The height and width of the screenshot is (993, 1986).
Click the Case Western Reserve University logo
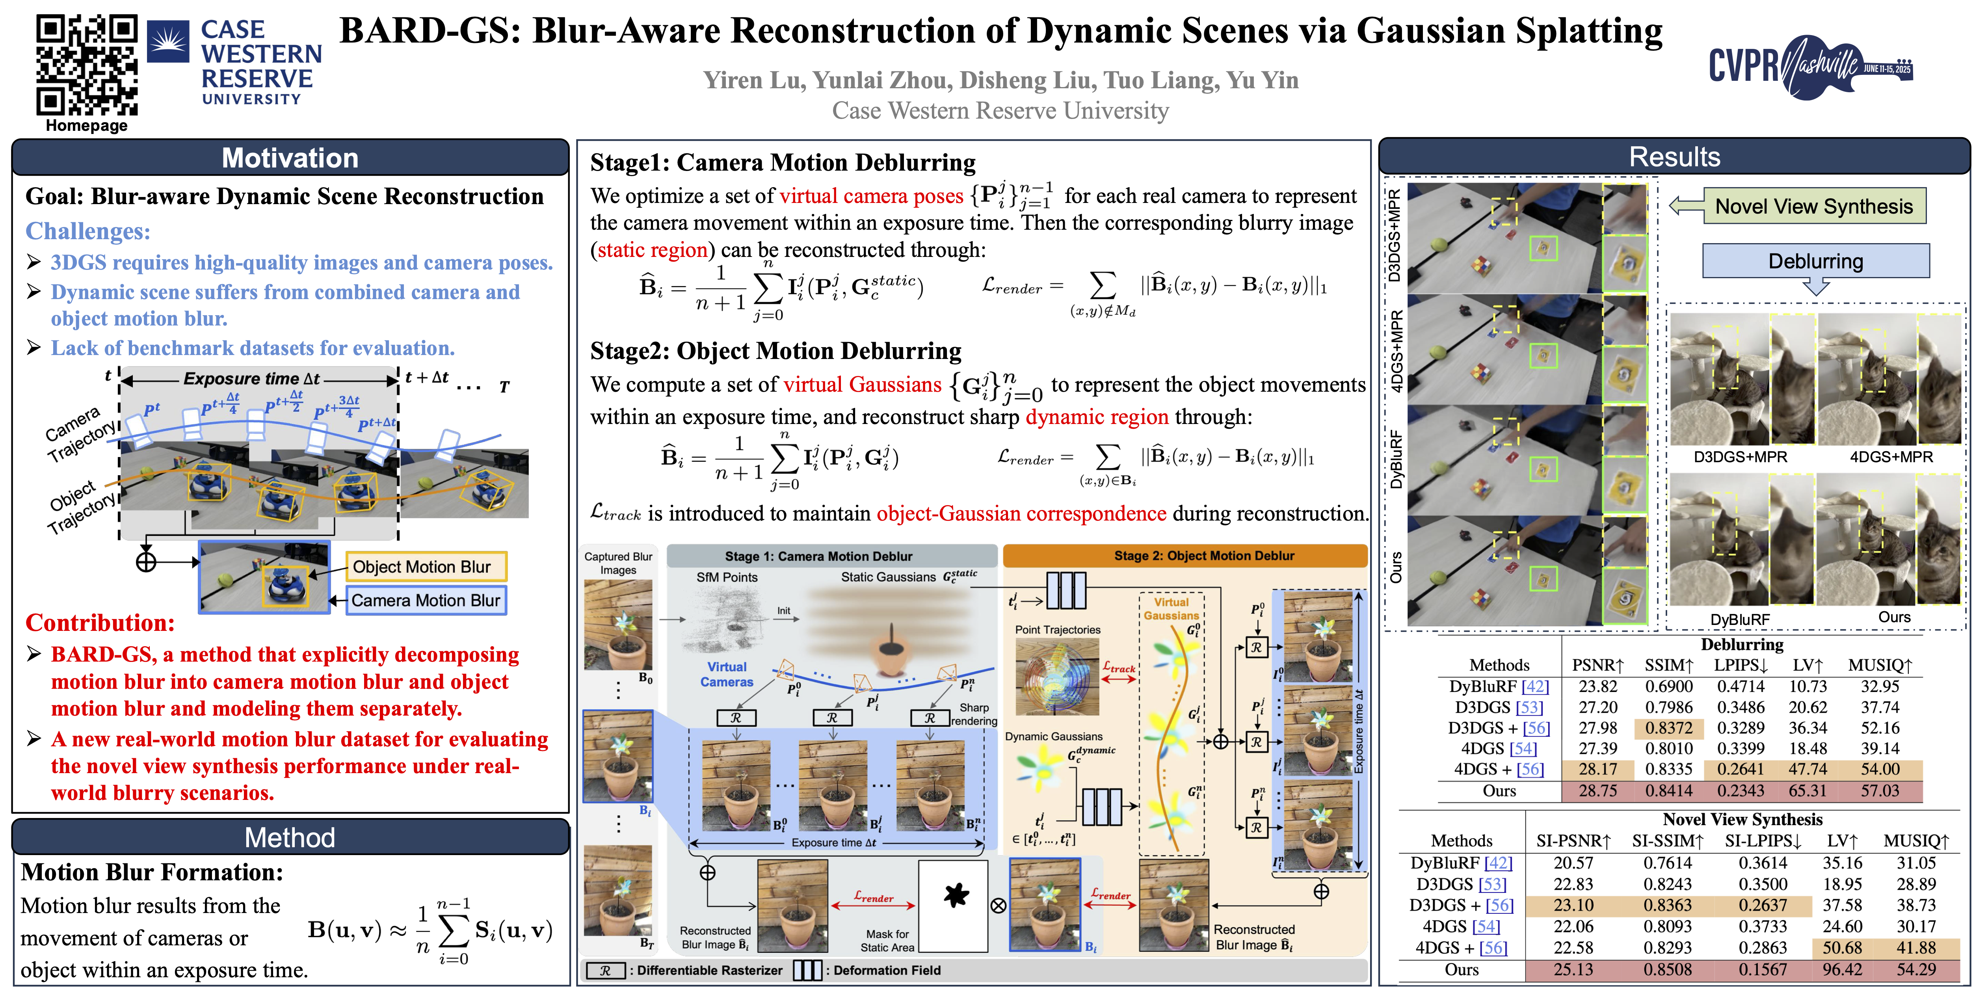[x=235, y=62]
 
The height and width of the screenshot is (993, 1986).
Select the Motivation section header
[x=290, y=158]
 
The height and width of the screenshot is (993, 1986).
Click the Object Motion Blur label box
[x=426, y=567]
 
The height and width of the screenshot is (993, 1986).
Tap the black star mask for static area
[x=955, y=896]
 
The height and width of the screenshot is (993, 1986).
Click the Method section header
[x=290, y=837]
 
